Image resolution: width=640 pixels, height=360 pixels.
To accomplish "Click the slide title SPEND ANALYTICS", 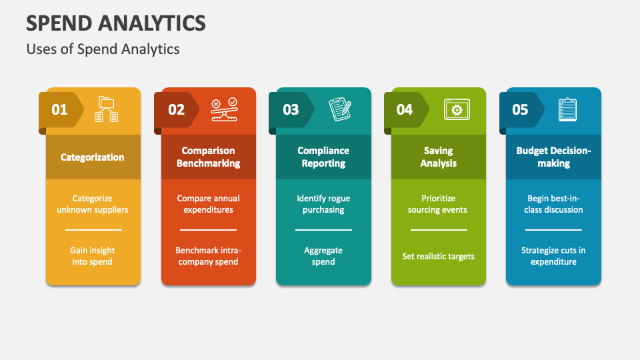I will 116,24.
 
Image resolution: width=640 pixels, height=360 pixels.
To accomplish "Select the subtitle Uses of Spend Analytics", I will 103,49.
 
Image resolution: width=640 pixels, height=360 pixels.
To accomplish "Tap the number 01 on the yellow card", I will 60,109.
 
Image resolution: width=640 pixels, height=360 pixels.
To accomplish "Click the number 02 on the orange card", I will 176,109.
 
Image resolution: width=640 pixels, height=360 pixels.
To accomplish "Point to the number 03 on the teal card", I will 291,109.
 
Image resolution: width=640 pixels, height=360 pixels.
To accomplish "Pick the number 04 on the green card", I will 405,109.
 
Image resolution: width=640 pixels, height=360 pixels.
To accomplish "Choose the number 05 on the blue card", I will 520,109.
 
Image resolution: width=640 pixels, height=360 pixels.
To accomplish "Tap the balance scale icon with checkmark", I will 223,109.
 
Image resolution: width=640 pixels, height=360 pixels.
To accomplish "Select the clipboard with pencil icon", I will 339,109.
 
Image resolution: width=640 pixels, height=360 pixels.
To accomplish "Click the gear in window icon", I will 457,109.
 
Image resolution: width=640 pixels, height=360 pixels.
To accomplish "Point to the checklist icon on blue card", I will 568,109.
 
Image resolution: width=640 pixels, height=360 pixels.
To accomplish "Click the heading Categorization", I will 93,157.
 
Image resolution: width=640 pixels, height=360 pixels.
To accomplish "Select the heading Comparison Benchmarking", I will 208,157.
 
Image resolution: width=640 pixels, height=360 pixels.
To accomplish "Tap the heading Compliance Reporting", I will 323,157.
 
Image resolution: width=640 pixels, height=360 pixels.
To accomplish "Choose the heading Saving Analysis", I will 438,157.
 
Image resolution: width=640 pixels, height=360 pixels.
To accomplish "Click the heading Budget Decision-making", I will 553,157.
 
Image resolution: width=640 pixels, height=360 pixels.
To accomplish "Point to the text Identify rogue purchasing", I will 323,204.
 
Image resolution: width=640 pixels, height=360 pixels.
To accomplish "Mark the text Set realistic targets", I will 438,256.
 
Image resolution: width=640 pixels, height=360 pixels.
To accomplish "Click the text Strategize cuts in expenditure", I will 553,256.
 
